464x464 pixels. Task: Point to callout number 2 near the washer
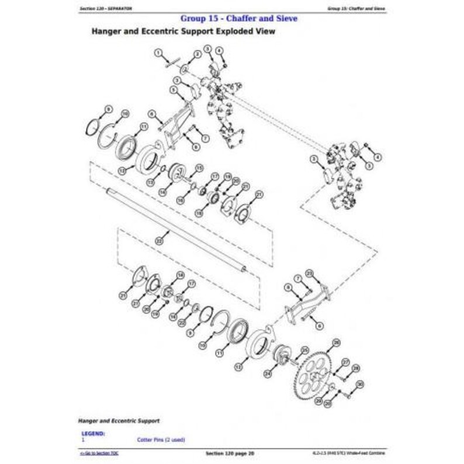coord(198,54)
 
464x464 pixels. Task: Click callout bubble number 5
coord(174,89)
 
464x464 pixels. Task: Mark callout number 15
coord(199,168)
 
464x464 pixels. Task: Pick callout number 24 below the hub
coord(267,372)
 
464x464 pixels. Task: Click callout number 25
coord(304,349)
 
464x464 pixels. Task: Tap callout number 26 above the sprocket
coord(336,342)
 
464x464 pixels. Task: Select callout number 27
coord(345,362)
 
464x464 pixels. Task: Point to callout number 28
coord(356,368)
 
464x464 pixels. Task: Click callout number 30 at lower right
coord(360,383)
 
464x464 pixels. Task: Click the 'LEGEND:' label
coord(94,433)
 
